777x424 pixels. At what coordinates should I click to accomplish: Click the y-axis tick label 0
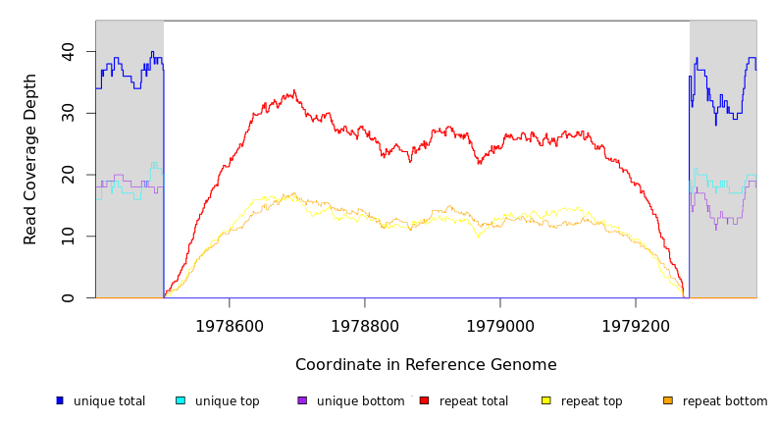pyautogui.click(x=68, y=298)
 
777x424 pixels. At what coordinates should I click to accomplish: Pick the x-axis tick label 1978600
pyautogui.click(x=230, y=326)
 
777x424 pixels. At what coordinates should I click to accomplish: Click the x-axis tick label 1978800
pyautogui.click(x=365, y=326)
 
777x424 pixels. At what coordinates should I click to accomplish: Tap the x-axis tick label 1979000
pyautogui.click(x=500, y=326)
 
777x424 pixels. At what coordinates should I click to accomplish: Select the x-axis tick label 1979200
pyautogui.click(x=636, y=326)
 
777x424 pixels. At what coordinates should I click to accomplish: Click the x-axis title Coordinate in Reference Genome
pyautogui.click(x=426, y=365)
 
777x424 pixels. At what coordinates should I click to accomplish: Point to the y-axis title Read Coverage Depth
pyautogui.click(x=30, y=159)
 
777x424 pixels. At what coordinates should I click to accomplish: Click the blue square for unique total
pyautogui.click(x=60, y=400)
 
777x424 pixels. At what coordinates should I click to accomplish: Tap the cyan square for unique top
pyautogui.click(x=181, y=400)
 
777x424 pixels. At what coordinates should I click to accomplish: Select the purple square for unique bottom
pyautogui.click(x=302, y=400)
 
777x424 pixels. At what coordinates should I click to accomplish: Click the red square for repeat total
pyautogui.click(x=424, y=400)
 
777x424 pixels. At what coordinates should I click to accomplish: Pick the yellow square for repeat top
pyautogui.click(x=546, y=400)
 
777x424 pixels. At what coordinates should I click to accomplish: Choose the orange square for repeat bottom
pyautogui.click(x=668, y=400)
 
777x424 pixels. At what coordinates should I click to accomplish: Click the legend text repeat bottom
pyautogui.click(x=725, y=401)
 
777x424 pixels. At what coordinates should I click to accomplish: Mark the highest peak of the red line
pyautogui.click(x=293, y=91)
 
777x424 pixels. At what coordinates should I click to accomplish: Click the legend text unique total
pyautogui.click(x=109, y=401)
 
